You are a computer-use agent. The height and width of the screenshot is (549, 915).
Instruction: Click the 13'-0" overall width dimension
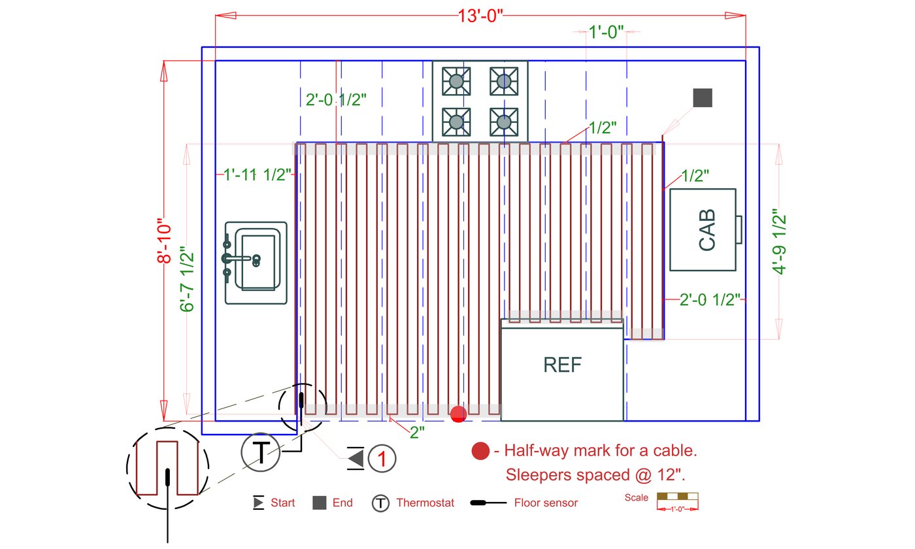480,16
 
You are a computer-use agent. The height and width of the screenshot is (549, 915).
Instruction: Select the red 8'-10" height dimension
165,243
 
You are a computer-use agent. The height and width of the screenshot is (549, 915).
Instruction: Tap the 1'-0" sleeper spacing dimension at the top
607,32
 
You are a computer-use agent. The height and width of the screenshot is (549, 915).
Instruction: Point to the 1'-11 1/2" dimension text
258,175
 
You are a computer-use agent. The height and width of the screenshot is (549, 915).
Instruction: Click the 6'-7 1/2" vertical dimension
187,279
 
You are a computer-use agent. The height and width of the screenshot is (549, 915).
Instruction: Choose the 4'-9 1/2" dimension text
779,242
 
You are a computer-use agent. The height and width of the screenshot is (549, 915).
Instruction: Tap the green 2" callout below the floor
417,433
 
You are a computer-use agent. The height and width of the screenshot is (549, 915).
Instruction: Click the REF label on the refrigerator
563,365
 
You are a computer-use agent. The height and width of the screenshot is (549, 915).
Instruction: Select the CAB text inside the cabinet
707,230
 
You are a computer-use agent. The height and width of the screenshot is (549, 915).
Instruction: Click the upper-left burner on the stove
456,81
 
